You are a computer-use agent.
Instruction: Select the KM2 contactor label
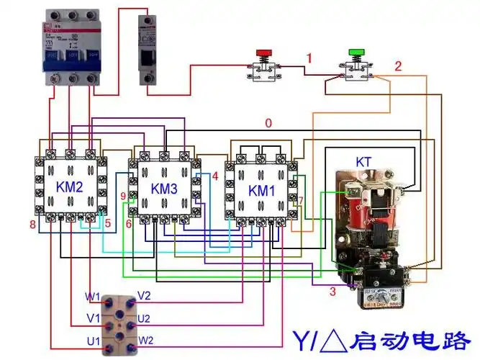point(71,187)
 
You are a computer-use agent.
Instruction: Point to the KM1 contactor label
point(261,191)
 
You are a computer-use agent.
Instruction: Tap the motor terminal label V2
point(144,296)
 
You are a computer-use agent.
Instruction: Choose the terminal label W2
point(145,340)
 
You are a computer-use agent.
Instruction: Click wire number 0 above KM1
point(268,123)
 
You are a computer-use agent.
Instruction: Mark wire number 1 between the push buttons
point(309,58)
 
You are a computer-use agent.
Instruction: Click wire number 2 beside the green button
point(398,66)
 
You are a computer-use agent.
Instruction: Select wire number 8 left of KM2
point(32,225)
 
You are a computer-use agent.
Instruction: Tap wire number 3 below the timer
point(332,291)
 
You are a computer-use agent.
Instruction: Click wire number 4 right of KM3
point(214,176)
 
